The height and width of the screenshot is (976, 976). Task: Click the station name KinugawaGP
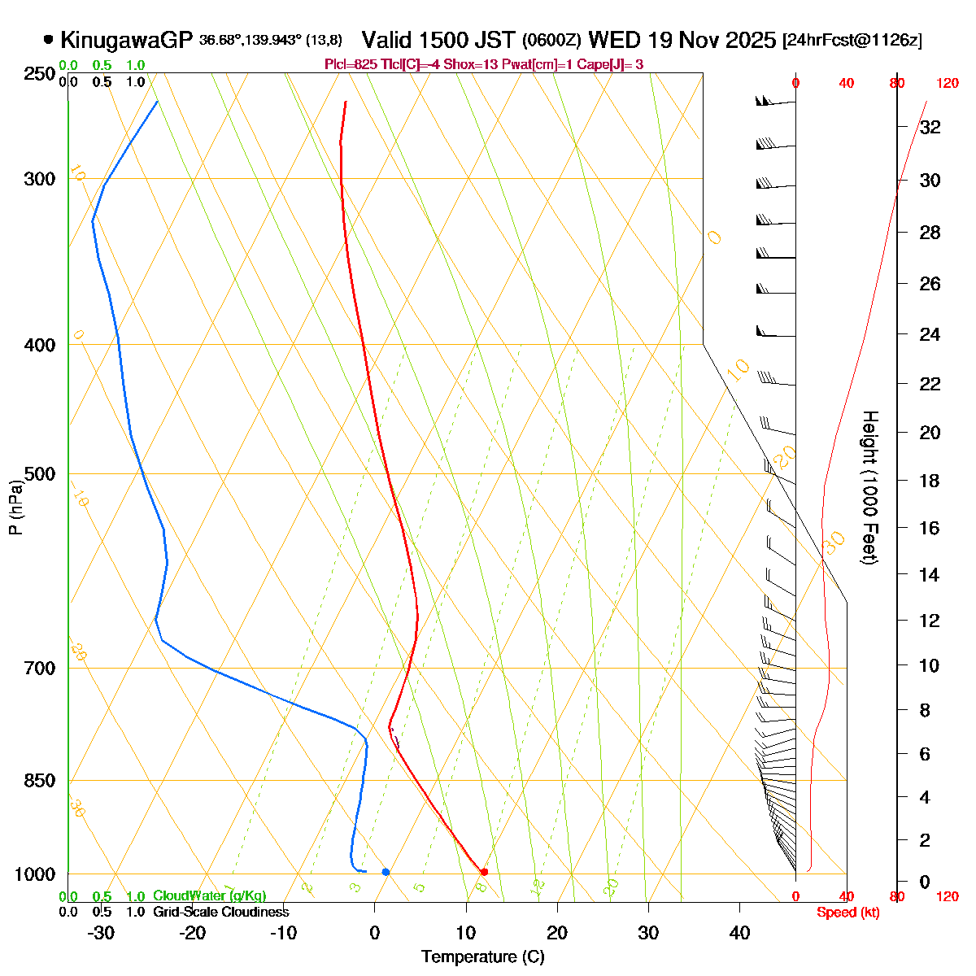click(126, 40)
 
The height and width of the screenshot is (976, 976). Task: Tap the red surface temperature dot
click(485, 872)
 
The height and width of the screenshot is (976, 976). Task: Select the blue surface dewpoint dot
click(386, 872)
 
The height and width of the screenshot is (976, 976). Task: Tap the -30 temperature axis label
click(101, 933)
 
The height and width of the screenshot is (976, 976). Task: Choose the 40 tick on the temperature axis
click(739, 933)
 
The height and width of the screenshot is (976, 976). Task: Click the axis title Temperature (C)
click(483, 956)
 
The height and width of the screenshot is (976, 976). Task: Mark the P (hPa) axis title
click(15, 506)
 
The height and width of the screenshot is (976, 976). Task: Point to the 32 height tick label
click(930, 128)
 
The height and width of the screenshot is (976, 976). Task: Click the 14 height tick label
click(929, 575)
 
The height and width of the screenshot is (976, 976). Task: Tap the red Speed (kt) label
click(848, 913)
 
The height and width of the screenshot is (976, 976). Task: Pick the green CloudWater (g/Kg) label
click(209, 895)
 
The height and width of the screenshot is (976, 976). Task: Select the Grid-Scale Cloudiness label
click(220, 912)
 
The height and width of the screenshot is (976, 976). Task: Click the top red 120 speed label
click(947, 82)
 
